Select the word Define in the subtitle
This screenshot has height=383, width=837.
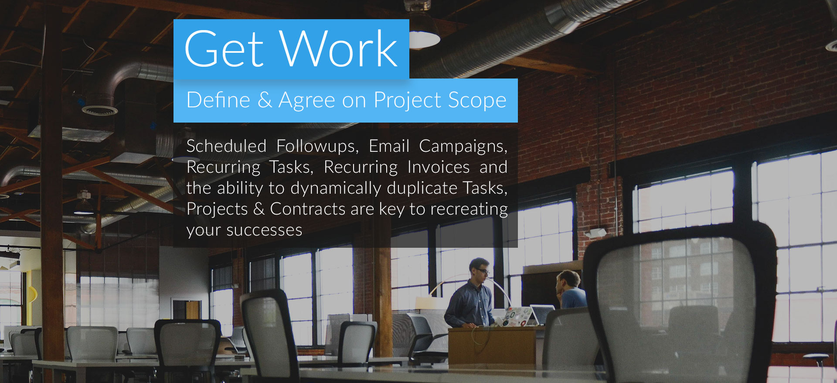218,100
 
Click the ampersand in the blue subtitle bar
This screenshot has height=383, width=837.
265,100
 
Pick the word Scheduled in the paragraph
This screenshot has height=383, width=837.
226,146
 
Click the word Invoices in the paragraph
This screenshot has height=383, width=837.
439,167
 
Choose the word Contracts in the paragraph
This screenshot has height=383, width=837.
308,209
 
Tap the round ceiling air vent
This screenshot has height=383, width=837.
99,109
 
